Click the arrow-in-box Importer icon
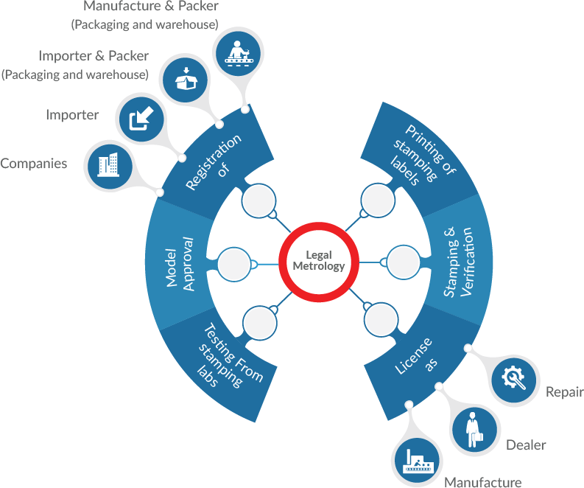point(139,118)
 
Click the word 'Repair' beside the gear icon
point(563,392)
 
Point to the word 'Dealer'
point(526,445)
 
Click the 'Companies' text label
point(33,164)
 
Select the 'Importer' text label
point(72,115)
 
